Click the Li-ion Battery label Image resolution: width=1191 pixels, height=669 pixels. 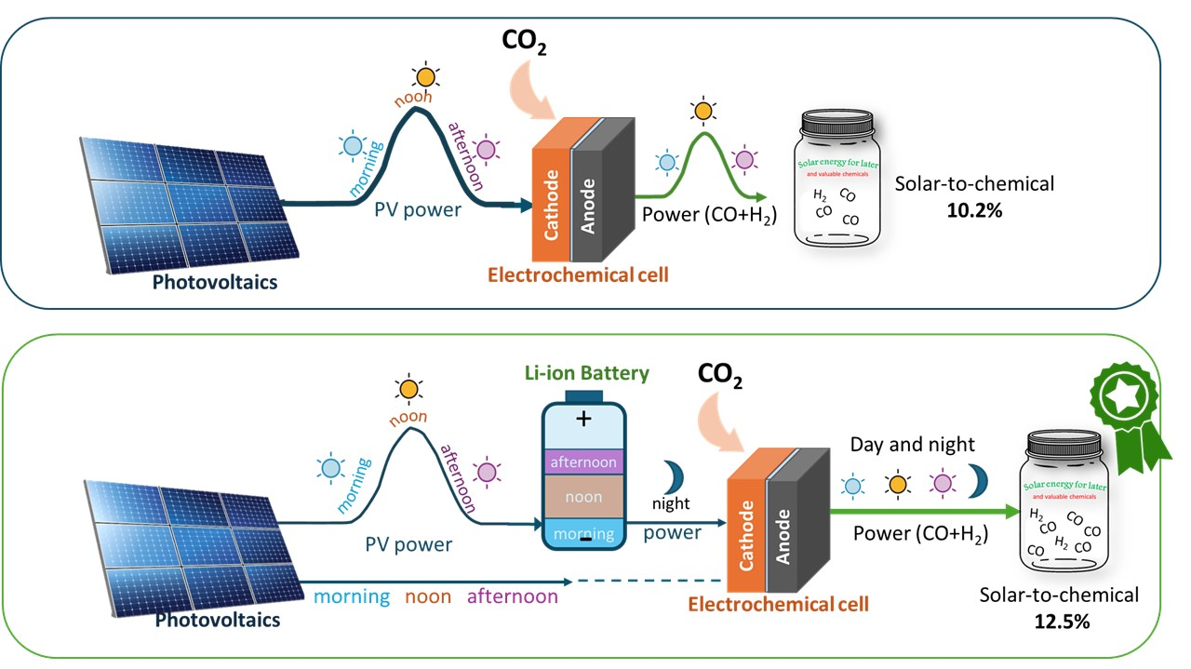(x=584, y=374)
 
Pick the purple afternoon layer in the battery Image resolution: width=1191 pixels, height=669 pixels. (x=583, y=462)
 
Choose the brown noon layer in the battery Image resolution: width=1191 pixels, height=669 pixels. (x=583, y=497)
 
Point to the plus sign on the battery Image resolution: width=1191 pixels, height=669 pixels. (x=583, y=419)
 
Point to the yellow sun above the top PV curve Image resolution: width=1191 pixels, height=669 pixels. (x=426, y=76)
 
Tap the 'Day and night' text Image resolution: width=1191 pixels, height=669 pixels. (x=900, y=446)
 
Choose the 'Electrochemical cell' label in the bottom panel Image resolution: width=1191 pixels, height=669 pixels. (x=778, y=605)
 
